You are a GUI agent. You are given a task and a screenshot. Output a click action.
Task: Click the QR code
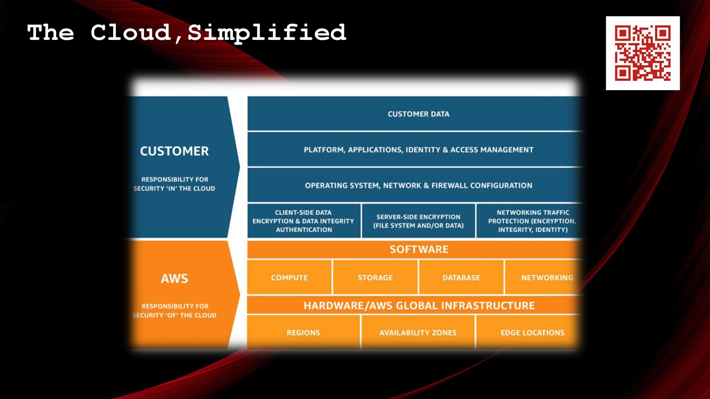tap(643, 53)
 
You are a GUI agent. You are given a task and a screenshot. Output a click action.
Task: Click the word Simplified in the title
tap(267, 33)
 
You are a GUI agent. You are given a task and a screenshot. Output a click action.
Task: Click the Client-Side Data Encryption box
tap(304, 221)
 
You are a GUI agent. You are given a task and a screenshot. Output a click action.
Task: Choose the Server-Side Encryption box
tap(418, 221)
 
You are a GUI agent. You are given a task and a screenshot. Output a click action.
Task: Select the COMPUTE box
tap(289, 277)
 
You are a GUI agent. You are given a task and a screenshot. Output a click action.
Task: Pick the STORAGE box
tap(375, 277)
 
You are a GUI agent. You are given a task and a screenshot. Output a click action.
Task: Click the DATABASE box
tap(461, 277)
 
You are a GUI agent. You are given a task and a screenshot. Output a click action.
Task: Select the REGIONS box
tap(303, 332)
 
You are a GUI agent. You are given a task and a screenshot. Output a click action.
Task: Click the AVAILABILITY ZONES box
tap(418, 332)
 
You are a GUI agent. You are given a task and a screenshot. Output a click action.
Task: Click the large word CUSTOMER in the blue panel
tap(174, 151)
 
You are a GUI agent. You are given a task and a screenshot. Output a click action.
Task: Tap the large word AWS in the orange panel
tap(174, 278)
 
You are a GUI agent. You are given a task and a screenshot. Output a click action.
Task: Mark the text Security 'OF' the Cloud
tap(174, 315)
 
